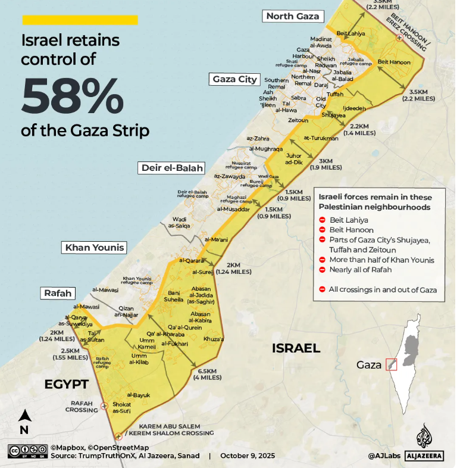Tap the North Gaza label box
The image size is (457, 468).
(293, 16)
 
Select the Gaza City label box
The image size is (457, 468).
(235, 79)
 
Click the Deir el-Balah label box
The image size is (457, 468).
(173, 168)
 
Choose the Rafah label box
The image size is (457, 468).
(58, 293)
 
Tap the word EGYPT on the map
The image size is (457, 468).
(67, 384)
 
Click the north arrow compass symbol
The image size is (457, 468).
(24, 420)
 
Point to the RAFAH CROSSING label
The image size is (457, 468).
(82, 407)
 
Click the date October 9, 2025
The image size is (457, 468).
(248, 455)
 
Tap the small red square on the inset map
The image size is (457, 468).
(392, 364)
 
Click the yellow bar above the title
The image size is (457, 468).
(80, 20)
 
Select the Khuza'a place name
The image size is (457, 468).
(212, 338)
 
